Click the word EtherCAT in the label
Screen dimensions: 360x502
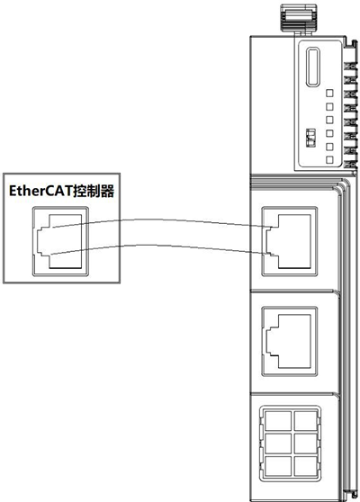point(40,191)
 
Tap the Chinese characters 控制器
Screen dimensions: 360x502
point(94,191)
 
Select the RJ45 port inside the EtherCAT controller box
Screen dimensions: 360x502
point(60,241)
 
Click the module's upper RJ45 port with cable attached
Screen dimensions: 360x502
point(290,241)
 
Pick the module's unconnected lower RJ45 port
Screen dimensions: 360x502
point(290,341)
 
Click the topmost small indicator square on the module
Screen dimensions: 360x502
point(329,94)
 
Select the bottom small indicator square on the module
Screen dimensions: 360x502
point(329,159)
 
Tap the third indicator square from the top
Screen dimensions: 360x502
point(329,120)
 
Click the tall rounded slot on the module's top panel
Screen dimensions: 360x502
point(313,67)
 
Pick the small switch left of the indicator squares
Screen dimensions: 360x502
point(311,138)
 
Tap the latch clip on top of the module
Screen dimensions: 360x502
point(299,18)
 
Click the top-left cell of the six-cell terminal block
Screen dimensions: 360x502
point(278,421)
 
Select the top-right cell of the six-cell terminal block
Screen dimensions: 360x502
point(306,421)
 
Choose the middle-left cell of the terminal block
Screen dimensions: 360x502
point(278,444)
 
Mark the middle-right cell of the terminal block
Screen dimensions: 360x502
point(306,444)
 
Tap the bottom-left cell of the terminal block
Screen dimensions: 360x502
point(278,466)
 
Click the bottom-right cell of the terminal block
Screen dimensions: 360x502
point(306,466)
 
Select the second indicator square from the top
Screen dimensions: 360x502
point(329,107)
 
